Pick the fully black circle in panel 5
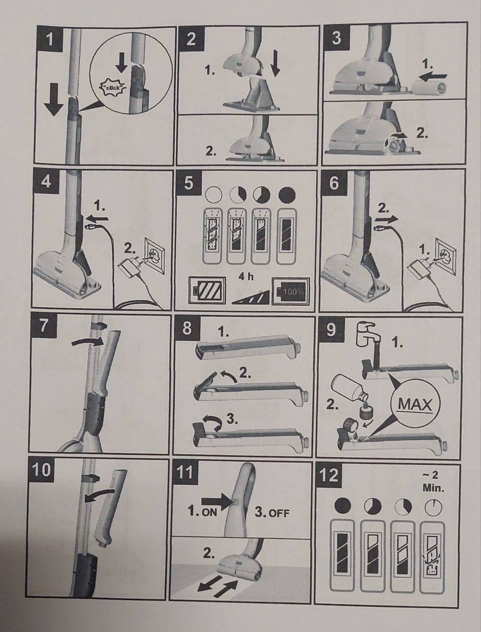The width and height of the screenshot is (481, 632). (x=287, y=195)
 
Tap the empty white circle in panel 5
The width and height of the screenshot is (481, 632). (x=214, y=195)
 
